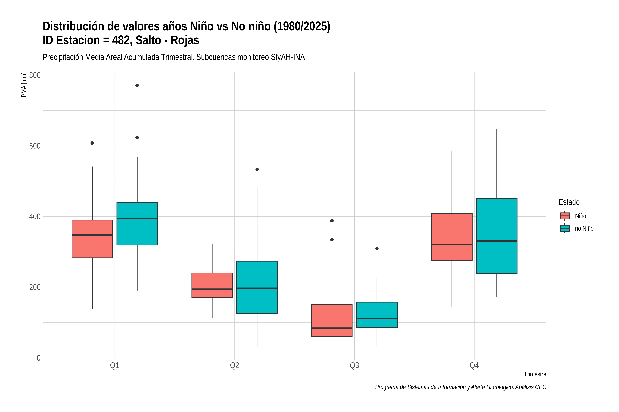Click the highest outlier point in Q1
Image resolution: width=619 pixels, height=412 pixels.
pos(137,85)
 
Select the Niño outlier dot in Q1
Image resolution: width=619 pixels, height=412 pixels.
pos(92,143)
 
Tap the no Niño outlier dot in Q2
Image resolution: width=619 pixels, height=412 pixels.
pos(257,169)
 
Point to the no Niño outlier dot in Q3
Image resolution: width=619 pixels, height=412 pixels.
pos(377,248)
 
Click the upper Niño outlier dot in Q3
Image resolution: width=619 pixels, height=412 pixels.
pos(332,221)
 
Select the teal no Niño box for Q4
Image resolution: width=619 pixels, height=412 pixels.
pos(497,236)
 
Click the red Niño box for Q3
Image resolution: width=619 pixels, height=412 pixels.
pos(332,321)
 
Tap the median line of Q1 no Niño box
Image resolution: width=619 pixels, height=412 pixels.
pos(137,218)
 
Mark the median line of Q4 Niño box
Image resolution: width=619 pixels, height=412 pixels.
pos(452,244)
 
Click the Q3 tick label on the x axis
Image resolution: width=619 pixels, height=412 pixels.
pos(354,365)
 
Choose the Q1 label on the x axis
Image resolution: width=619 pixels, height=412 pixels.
pos(115,365)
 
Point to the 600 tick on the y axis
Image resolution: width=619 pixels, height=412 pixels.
pos(35,146)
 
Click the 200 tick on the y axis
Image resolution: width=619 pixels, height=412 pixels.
pos(35,287)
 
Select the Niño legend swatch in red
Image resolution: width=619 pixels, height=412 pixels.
pos(565,216)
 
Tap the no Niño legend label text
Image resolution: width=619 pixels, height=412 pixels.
pos(584,228)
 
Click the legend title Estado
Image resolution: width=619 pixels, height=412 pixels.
pos(569,202)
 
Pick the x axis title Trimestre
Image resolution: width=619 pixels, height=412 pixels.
pos(535,374)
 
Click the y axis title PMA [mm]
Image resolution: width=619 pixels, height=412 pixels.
pos(24,85)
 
